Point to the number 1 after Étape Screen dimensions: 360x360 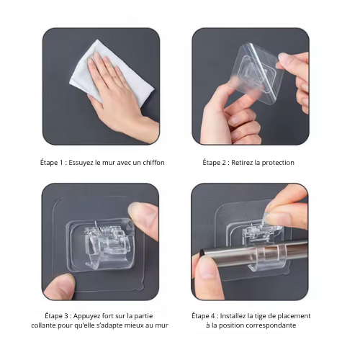(61, 163)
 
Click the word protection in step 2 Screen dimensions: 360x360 (278, 163)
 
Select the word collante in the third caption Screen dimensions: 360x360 (43, 325)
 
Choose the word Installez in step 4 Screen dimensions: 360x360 (233, 316)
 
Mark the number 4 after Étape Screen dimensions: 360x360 (213, 316)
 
